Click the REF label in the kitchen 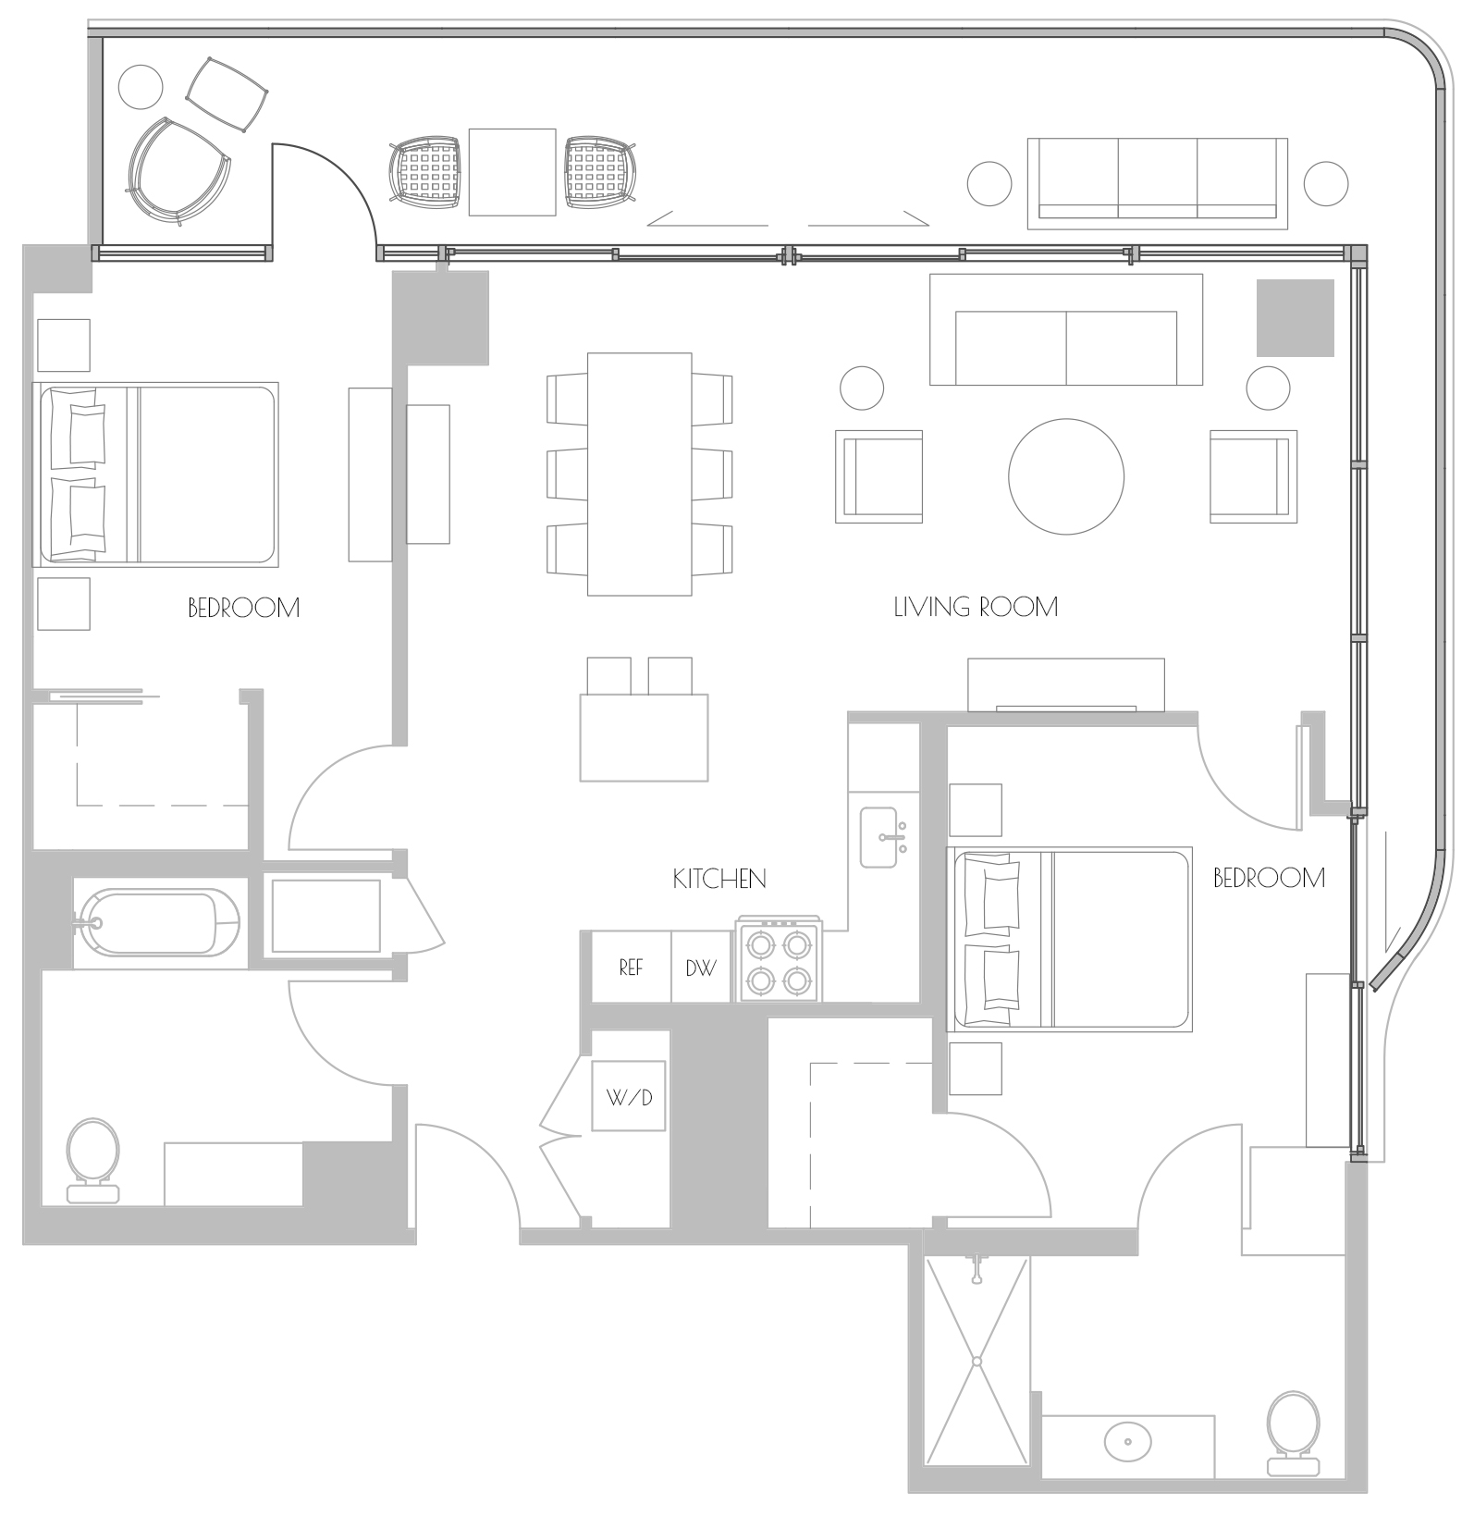click(631, 968)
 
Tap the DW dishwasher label click(700, 968)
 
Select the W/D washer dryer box click(629, 1096)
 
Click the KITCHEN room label click(719, 879)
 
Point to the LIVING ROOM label click(976, 607)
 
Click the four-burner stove click(779, 961)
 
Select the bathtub click(159, 922)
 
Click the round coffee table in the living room click(1066, 476)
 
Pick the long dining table click(639, 474)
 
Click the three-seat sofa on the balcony click(1158, 183)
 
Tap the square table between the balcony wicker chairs click(512, 172)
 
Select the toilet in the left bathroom click(92, 1162)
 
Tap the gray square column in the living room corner click(1295, 318)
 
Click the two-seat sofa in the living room click(1066, 330)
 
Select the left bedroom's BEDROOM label click(243, 608)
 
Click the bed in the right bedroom click(1069, 939)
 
